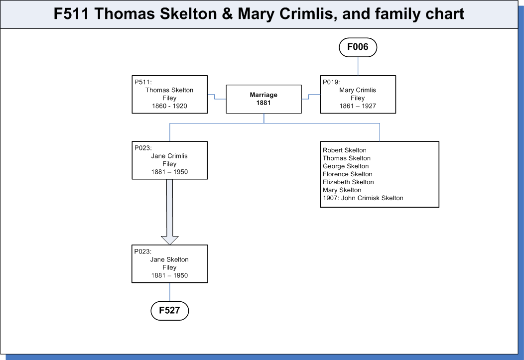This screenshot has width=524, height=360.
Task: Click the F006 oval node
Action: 358,47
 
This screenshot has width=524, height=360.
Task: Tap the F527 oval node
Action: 170,311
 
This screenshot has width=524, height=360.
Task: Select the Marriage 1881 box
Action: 263,99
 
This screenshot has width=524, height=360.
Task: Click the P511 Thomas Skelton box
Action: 170,95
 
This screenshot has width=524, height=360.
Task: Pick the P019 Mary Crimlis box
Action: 358,95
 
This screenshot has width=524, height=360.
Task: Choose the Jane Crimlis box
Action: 170,160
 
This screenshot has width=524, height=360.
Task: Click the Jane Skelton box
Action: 170,264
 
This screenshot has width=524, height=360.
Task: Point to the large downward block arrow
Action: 170,212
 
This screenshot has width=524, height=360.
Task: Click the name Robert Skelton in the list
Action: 345,150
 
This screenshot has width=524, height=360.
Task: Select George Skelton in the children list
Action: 346,166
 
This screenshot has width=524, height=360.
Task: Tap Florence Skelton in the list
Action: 348,174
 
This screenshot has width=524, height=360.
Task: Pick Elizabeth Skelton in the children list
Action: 348,182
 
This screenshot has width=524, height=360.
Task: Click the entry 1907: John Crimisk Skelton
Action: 363,198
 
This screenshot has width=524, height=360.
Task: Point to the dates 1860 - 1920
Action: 169,106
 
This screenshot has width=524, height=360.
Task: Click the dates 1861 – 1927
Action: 358,106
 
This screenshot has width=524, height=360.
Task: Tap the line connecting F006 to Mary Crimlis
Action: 358,66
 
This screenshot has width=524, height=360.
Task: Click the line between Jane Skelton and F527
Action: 170,292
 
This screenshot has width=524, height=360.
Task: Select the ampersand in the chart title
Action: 227,14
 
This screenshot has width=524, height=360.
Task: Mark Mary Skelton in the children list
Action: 342,190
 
